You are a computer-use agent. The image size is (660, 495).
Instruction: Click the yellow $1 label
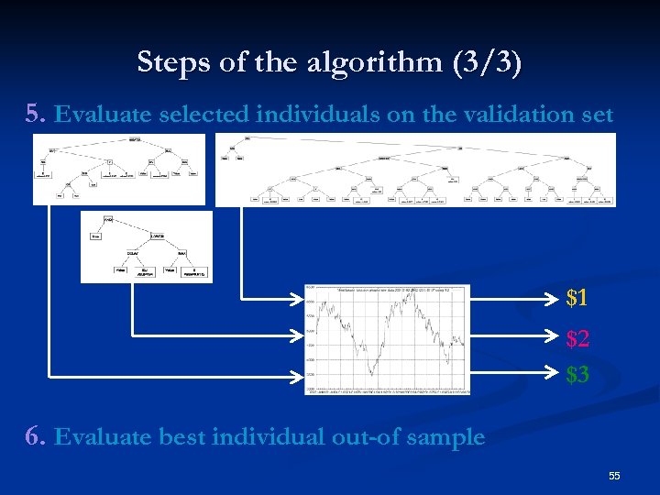pos(577,297)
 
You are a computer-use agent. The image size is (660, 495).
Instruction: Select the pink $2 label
pos(577,338)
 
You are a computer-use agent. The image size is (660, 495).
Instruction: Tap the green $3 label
pos(577,374)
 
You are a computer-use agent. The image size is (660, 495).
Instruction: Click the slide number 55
pos(614,476)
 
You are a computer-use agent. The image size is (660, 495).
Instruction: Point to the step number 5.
pos(35,114)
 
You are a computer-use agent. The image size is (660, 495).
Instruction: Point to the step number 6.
pos(35,436)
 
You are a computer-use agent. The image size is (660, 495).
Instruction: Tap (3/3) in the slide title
pos(487,62)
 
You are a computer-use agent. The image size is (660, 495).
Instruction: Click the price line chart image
pos(387,338)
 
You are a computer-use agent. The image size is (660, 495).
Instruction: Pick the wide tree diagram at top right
pos(415,170)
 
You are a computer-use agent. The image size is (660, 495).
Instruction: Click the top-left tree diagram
pos(119,170)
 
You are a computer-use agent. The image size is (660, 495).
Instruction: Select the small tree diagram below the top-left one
pos(146,247)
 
